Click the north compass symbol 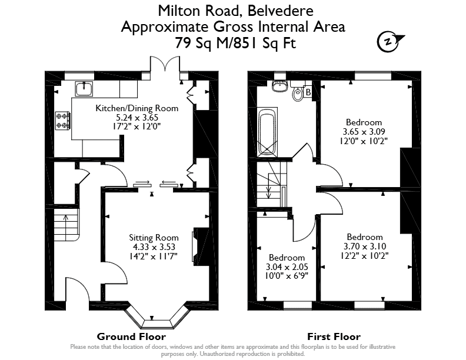click(390, 42)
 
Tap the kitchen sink click(84, 89)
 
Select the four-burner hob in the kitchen click(63, 121)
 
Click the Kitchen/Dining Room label click(137, 108)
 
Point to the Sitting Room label click(154, 238)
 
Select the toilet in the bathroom click(297, 92)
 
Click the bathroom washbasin click(279, 85)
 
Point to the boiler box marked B click(308, 92)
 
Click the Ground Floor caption click(131, 336)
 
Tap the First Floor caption click(334, 336)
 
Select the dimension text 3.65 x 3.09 click(364, 132)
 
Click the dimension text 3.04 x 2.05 click(287, 266)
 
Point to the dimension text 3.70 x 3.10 click(365, 246)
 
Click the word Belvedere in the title click(280, 11)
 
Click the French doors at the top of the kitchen click(165, 64)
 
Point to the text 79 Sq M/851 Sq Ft click(235, 43)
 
